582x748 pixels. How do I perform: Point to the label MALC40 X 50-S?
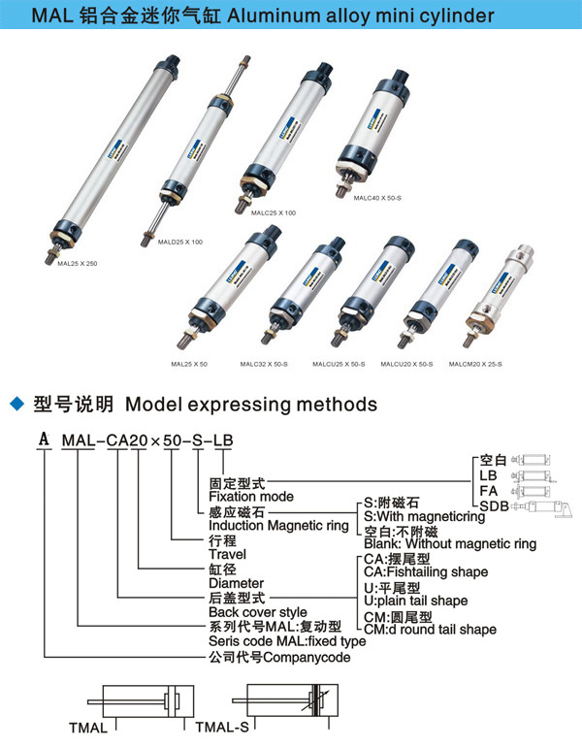pyautogui.click(x=376, y=198)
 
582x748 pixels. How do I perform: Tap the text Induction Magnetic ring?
pyautogui.click(x=265, y=526)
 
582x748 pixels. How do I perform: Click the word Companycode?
pyautogui.click(x=307, y=657)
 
